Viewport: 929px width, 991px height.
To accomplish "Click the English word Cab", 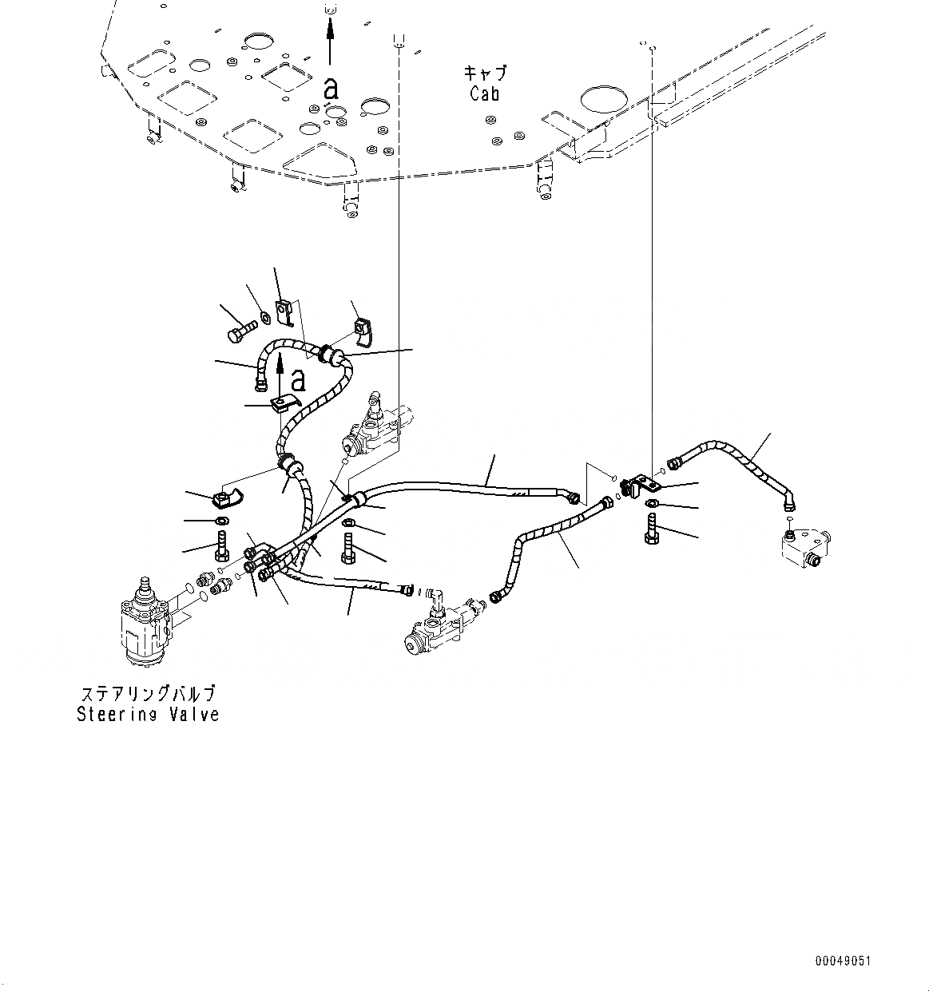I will pos(484,93).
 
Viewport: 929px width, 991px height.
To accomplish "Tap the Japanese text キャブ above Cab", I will pos(485,73).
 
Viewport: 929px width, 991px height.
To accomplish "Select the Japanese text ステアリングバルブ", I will pos(148,693).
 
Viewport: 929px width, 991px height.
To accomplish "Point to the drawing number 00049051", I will pos(843,961).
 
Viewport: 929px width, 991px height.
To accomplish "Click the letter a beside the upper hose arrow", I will pos(298,379).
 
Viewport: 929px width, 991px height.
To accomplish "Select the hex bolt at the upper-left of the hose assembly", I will pos(240,331).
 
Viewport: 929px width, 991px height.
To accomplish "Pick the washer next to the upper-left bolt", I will pos(264,320).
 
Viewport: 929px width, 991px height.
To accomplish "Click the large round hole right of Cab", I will pos(605,99).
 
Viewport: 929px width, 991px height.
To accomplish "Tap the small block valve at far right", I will pos(804,549).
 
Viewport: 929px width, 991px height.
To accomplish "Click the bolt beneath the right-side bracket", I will pos(650,529).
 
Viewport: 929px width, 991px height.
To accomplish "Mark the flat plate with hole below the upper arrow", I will pos(286,402).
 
